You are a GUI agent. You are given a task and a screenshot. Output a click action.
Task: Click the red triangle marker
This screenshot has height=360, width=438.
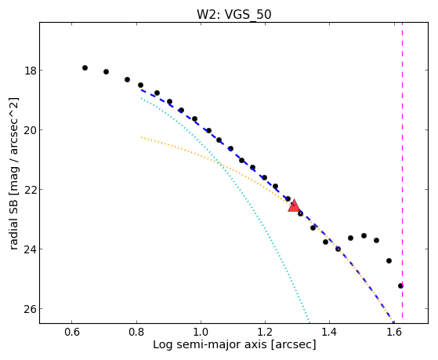[x=294, y=206]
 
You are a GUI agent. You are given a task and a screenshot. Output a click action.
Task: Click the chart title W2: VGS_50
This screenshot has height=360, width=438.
[x=234, y=14]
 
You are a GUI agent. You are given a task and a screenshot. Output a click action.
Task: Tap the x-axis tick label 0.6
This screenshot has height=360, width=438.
[x=72, y=333]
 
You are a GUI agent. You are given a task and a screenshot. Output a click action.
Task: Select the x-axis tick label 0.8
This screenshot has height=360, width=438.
[x=136, y=333]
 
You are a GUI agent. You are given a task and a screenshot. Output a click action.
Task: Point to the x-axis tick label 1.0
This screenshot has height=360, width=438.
[x=201, y=333]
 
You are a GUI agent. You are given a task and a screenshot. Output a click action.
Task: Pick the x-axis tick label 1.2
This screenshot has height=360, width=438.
[x=265, y=333]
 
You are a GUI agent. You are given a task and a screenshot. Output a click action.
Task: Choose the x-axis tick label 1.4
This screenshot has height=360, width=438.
[x=330, y=333]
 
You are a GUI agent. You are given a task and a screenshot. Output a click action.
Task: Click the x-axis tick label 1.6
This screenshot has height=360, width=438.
[x=394, y=333]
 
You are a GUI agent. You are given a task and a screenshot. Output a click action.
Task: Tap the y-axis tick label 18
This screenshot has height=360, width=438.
[x=31, y=71]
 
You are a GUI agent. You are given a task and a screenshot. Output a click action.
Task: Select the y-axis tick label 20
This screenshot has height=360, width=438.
[x=31, y=130]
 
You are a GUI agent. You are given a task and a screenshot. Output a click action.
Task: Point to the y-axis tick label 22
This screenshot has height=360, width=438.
[x=31, y=190]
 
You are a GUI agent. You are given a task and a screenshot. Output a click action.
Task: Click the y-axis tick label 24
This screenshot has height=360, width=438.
[x=31, y=249]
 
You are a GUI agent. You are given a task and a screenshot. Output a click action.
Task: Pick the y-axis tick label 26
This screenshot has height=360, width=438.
[x=31, y=309]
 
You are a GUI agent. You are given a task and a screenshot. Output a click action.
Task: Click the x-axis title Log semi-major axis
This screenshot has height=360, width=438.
[x=210, y=344]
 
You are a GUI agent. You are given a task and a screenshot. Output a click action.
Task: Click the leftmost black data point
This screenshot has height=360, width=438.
[x=85, y=67]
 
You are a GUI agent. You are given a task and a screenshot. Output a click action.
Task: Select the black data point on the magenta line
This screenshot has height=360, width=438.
[x=400, y=285]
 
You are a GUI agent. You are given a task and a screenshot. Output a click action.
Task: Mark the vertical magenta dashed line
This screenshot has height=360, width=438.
[x=402, y=171]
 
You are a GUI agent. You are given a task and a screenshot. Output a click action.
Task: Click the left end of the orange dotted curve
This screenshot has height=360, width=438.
[x=141, y=137]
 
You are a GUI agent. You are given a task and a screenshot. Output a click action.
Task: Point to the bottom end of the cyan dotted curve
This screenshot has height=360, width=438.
[x=309, y=323]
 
